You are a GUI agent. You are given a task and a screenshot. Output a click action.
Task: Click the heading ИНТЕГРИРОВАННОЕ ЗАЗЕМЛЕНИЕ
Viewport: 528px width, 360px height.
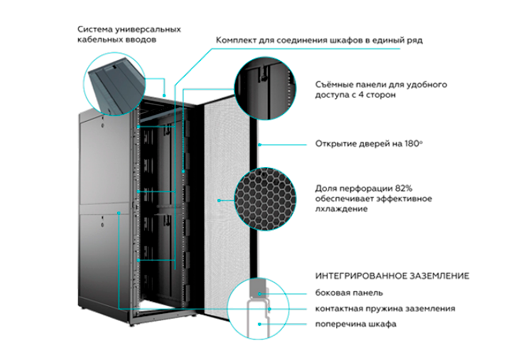[392, 276]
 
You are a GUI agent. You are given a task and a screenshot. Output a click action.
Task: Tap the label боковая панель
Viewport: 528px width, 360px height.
[349, 293]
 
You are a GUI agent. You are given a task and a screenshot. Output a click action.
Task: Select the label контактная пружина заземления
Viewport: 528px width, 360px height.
[385, 308]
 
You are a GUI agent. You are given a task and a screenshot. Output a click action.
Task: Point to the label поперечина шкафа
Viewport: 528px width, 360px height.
[356, 324]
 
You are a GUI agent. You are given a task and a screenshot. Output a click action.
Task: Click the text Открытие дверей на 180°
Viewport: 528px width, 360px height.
[369, 144]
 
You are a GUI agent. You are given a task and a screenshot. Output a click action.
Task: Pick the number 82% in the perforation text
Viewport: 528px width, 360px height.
[404, 188]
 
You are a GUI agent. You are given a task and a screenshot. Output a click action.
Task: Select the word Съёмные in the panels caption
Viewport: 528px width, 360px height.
[332, 85]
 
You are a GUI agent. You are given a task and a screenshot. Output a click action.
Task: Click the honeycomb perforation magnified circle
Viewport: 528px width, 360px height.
[265, 199]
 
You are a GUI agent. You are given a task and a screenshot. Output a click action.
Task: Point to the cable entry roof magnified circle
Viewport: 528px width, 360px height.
[114, 84]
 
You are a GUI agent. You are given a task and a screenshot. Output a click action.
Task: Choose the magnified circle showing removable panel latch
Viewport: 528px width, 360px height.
[265, 88]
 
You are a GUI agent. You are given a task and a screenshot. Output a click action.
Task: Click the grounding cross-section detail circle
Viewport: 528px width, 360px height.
[258, 308]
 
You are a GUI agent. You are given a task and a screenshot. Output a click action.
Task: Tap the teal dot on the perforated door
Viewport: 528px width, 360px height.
[219, 200]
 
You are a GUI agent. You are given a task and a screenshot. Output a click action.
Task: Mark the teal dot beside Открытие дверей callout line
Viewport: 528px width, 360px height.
[260, 145]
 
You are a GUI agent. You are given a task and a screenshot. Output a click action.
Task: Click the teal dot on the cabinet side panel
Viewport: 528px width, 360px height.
[119, 212]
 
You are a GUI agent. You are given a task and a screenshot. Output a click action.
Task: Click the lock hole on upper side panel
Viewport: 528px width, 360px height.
[102, 126]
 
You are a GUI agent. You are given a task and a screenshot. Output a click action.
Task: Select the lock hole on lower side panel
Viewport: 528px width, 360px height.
[102, 225]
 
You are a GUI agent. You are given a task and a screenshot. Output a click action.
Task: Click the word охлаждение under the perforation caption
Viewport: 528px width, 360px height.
[341, 209]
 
